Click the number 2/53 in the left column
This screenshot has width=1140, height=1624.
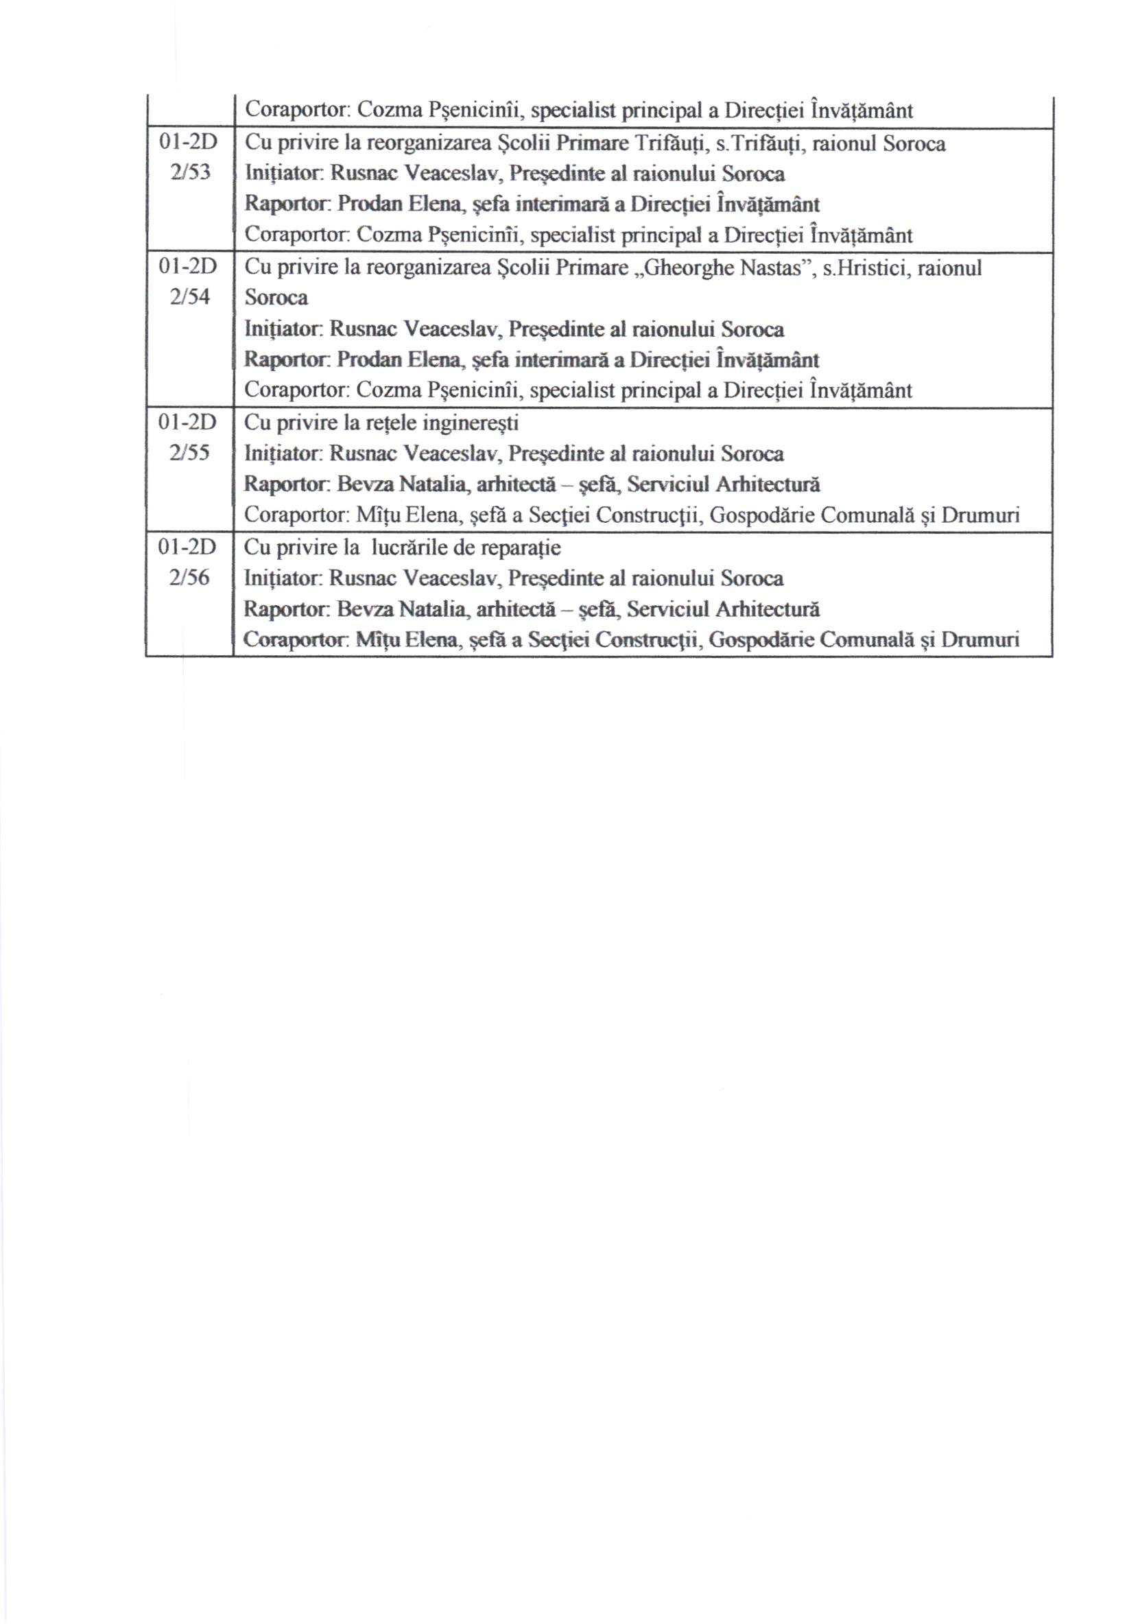189,172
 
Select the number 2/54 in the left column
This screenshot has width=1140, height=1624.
189,296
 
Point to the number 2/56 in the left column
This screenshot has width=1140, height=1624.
189,577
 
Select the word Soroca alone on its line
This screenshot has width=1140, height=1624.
276,298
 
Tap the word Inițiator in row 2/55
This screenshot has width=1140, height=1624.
283,454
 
